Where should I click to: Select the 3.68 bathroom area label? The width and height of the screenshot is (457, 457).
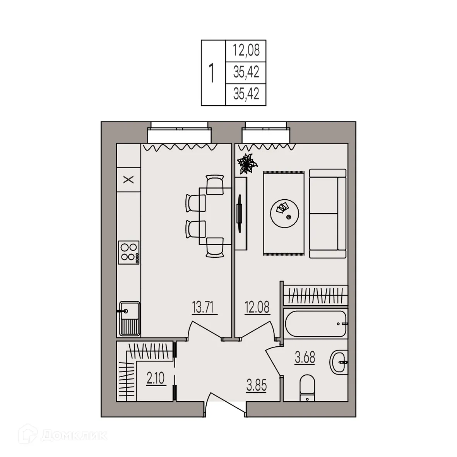(x=305, y=358)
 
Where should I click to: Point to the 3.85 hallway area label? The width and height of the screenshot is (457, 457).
(x=257, y=386)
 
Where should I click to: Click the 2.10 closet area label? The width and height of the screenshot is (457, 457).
(x=156, y=378)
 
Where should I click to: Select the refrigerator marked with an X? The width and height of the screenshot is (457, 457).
(x=128, y=179)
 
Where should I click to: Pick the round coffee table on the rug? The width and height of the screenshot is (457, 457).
(x=284, y=212)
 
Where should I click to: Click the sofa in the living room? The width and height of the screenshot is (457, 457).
(x=328, y=214)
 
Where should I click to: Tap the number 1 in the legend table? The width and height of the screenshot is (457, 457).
(x=212, y=73)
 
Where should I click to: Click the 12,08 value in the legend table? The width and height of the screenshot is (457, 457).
(x=246, y=50)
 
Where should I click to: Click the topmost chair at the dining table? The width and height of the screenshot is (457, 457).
(x=215, y=184)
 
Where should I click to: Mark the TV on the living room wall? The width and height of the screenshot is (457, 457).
(x=240, y=212)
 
